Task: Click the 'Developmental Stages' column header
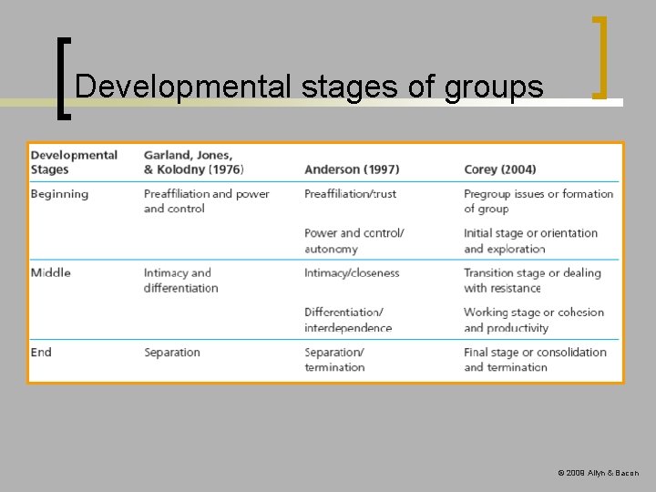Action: tap(74, 161)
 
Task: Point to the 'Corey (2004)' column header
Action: tap(499, 169)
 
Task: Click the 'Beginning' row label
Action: tap(59, 194)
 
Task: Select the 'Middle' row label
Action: tap(50, 272)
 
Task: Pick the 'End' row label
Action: tap(41, 352)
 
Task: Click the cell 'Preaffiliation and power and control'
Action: tap(206, 201)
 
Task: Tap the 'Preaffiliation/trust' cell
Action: tap(351, 194)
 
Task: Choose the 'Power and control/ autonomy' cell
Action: tap(354, 241)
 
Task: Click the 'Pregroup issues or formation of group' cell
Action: tap(538, 201)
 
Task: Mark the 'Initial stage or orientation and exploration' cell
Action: tap(530, 241)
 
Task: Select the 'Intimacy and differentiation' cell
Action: tap(180, 280)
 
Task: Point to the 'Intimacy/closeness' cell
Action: tap(352, 272)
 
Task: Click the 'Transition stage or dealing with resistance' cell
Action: tap(532, 280)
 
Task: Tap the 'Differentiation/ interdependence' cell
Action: tap(348, 320)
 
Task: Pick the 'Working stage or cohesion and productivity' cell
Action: tap(533, 320)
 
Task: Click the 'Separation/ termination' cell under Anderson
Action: tap(334, 359)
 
